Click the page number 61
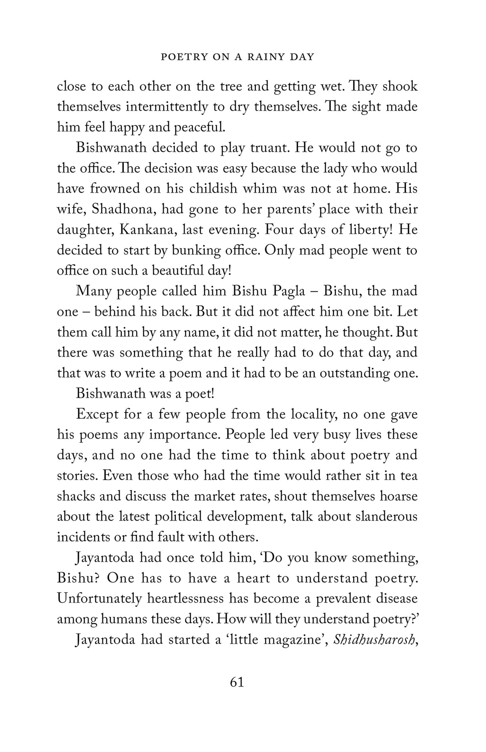tap(237, 682)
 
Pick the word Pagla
tap(289, 291)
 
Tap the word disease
tap(396, 599)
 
